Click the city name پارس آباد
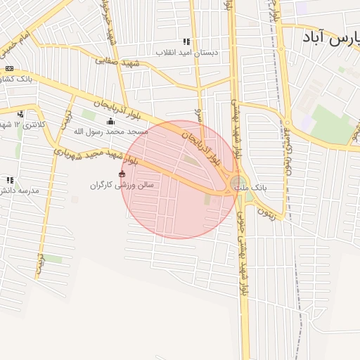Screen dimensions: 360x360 pos(330,37)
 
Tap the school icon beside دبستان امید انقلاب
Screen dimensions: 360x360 pos(186,41)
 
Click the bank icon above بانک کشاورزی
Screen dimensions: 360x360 pos(9,68)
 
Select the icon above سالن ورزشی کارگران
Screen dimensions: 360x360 pos(122,174)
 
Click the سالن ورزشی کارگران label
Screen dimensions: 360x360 pos(126,186)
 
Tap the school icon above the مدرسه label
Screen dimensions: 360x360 pos(9,180)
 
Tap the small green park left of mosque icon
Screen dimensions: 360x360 pos(89,114)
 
